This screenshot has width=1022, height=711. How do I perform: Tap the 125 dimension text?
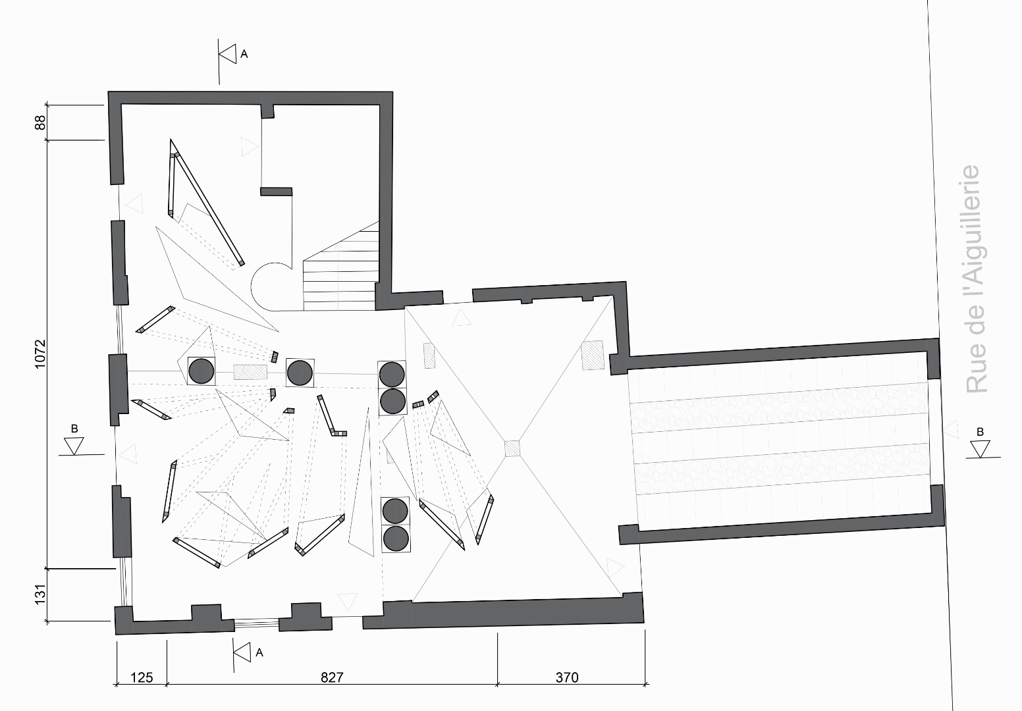click(x=142, y=677)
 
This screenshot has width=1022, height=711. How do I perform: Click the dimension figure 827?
click(x=332, y=677)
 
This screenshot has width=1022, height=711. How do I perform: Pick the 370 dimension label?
click(x=567, y=677)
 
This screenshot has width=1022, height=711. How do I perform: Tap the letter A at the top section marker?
click(x=244, y=55)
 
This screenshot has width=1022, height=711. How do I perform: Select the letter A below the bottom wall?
click(x=259, y=652)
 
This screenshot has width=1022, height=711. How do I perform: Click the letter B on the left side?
click(x=74, y=429)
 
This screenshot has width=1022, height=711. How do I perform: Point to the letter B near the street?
click(x=981, y=432)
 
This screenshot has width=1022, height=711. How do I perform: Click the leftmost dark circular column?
click(x=201, y=371)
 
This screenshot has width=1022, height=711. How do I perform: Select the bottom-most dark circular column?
click(x=395, y=539)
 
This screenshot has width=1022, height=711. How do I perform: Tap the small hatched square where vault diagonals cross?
click(x=512, y=449)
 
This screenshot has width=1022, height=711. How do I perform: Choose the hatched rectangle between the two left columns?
click(x=250, y=373)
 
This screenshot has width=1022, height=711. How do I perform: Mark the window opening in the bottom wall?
click(x=257, y=623)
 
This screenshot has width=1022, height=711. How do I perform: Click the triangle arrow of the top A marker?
click(x=229, y=54)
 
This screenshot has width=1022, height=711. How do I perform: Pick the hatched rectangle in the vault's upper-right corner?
click(x=593, y=355)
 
